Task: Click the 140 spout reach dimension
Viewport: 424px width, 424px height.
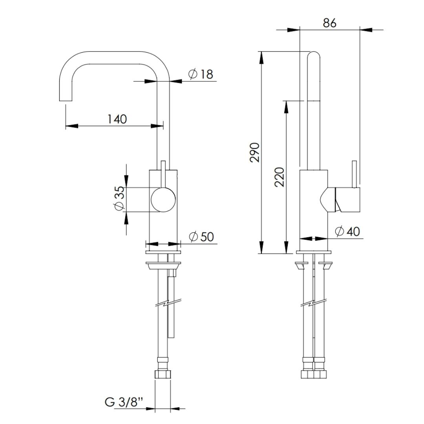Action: point(117,119)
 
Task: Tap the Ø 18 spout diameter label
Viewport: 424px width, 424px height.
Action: point(201,74)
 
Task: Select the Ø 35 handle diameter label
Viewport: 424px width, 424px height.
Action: point(119,198)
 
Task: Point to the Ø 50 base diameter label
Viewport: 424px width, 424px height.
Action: point(201,237)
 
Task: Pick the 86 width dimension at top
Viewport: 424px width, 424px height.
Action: point(330,23)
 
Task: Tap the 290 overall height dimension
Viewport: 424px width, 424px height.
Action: point(255,152)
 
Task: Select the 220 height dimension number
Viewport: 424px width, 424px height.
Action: point(280,177)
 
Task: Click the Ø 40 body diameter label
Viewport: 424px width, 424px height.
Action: point(347,232)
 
